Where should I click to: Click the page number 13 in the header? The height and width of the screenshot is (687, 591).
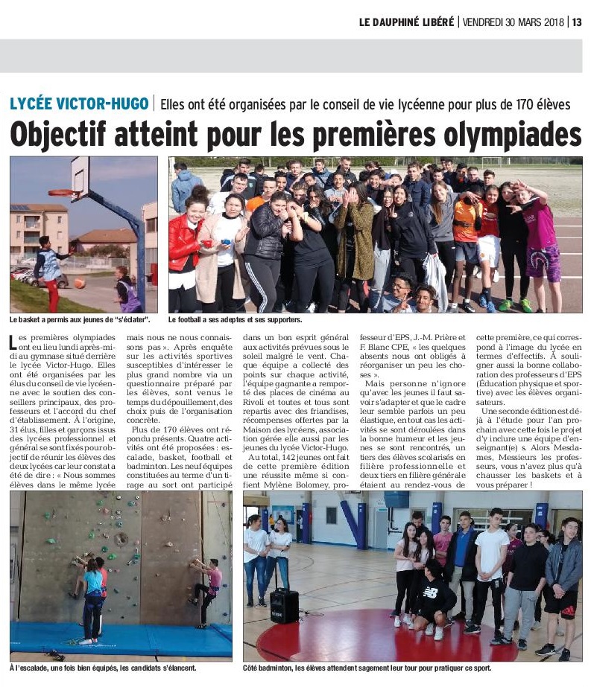(x=577, y=22)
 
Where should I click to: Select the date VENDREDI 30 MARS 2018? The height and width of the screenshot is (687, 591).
(x=513, y=22)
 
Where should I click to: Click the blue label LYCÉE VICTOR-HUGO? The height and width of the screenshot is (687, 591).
(x=80, y=103)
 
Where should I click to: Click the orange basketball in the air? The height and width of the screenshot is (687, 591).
(x=80, y=283)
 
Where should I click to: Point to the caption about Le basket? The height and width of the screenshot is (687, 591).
(x=80, y=320)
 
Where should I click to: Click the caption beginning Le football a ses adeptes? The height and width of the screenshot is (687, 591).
(x=235, y=320)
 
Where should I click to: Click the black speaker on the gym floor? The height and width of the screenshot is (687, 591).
(x=284, y=605)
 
